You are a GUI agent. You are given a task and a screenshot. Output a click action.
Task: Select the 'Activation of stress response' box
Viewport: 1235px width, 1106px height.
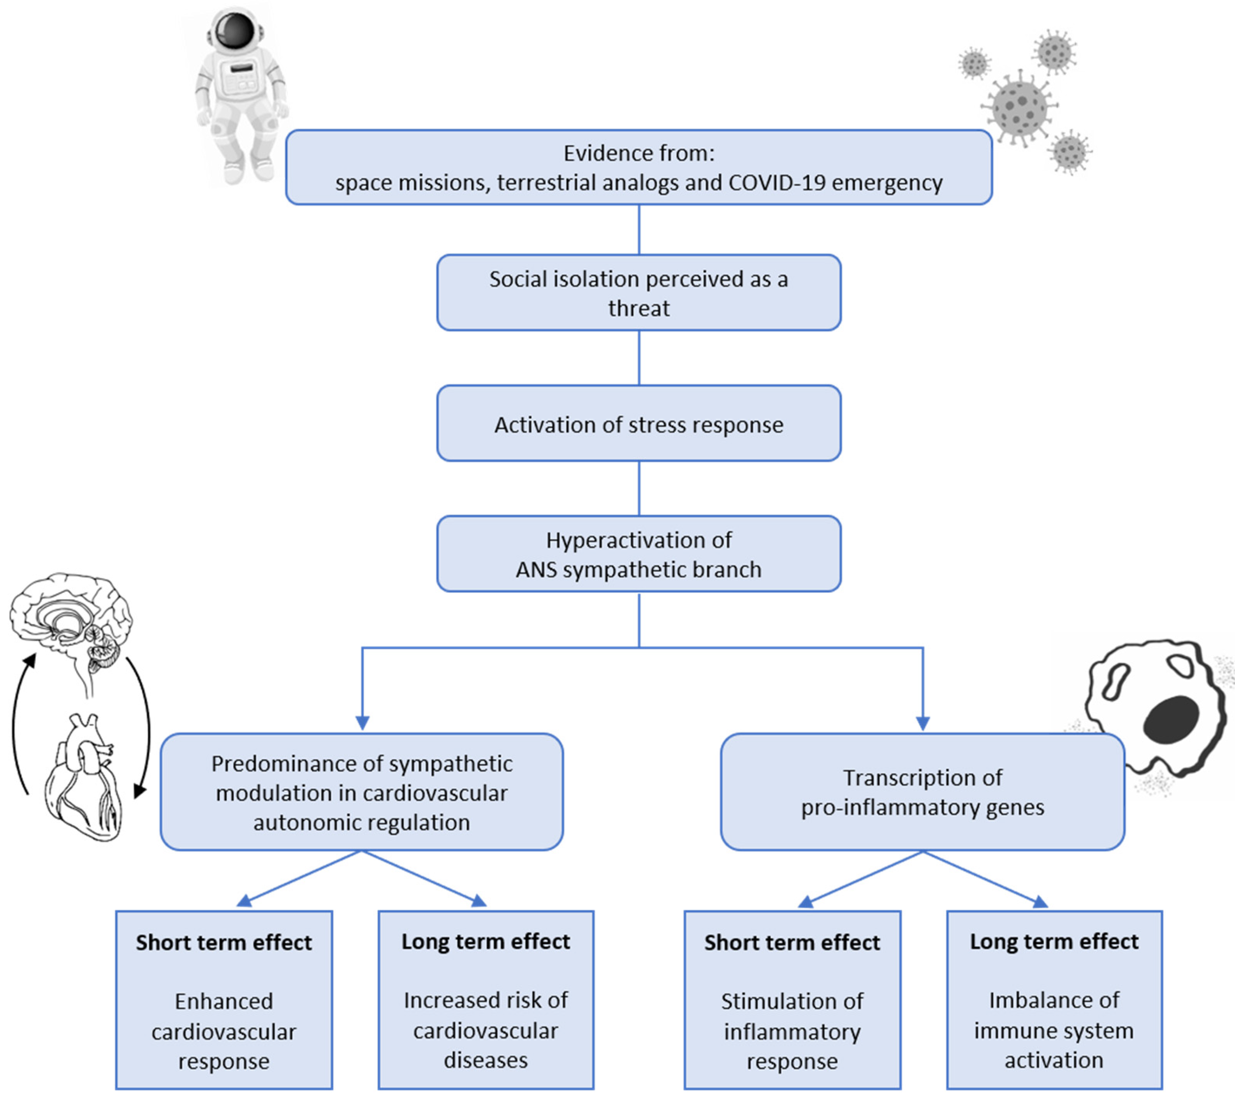click(638, 423)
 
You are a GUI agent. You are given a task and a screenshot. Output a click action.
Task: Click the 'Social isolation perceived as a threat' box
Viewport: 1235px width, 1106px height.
click(638, 293)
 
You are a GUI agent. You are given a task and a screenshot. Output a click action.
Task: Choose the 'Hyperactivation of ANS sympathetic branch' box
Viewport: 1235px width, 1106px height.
click(638, 553)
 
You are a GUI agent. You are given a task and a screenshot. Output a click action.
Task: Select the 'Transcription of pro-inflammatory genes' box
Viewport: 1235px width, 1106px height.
click(922, 792)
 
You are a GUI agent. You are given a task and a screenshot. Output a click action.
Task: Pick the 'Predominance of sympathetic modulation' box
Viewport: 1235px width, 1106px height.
click(361, 792)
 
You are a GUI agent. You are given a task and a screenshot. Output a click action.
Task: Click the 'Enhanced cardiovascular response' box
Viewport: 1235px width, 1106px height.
click(224, 1000)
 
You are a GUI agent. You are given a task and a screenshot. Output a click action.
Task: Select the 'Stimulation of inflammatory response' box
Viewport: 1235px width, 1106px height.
click(792, 1000)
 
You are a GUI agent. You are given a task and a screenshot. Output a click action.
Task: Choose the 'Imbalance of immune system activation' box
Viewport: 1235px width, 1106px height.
click(1054, 1000)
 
